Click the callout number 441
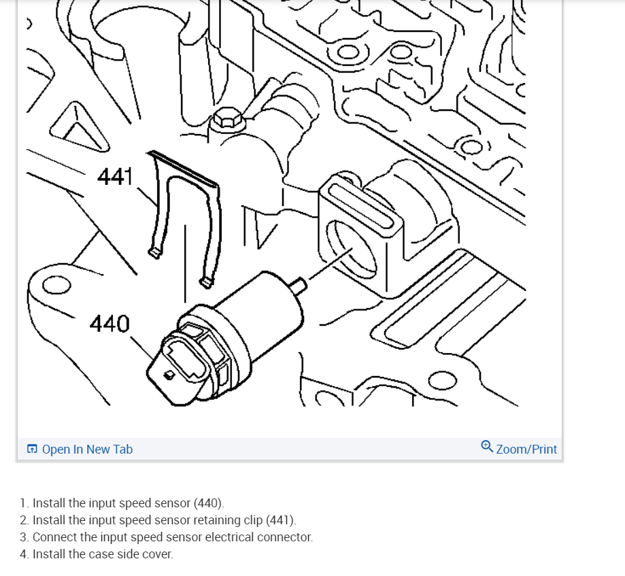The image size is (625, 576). pyautogui.click(x=114, y=177)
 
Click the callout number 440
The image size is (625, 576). pyautogui.click(x=109, y=324)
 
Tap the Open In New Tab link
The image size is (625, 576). pyautogui.click(x=87, y=450)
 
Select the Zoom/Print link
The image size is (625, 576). pyautogui.click(x=526, y=450)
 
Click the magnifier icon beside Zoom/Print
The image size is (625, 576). pyautogui.click(x=487, y=447)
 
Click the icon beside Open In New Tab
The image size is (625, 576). pyautogui.click(x=33, y=450)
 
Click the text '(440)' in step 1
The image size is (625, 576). pyautogui.click(x=208, y=504)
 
